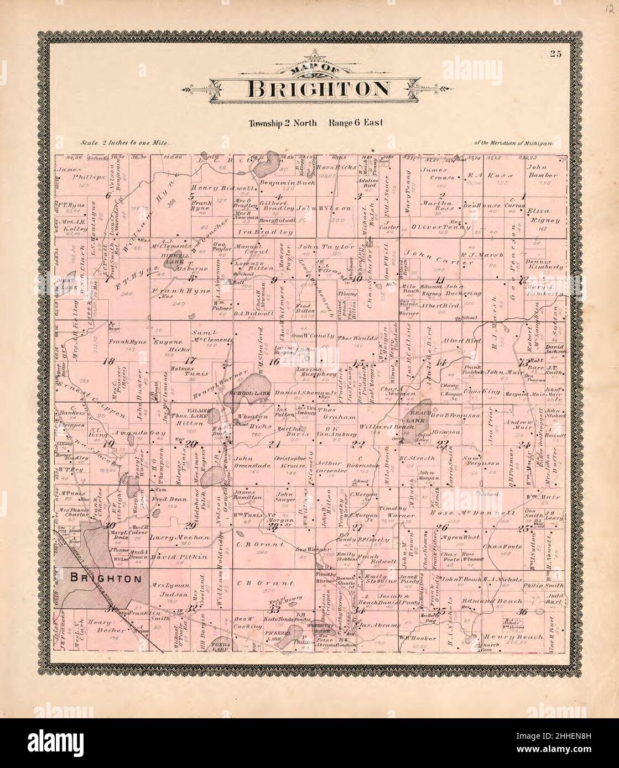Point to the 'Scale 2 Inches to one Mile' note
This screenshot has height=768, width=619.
[126, 143]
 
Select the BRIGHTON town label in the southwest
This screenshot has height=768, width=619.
[105, 578]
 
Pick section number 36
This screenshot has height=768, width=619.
[522, 612]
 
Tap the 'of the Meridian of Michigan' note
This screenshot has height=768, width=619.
[514, 143]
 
